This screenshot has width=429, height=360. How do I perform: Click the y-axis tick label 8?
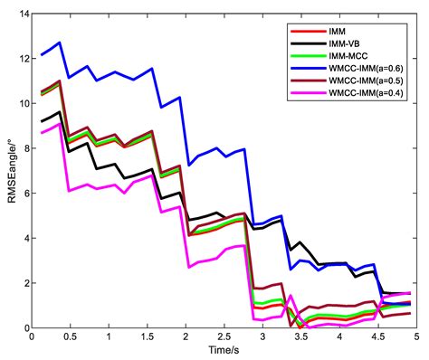23,148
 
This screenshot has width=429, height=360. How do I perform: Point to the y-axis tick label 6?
23,194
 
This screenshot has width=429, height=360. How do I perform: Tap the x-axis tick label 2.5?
224,336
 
